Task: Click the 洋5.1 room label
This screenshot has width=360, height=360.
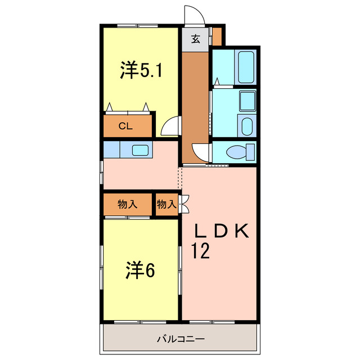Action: coord(141,71)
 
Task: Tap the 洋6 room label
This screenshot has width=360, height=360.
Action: coord(140,271)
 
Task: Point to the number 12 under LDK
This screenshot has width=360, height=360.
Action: coord(200,250)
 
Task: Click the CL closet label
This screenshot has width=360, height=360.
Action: coord(125,126)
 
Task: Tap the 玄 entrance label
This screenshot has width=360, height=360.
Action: coord(195,39)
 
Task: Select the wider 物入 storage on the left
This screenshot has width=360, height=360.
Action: coord(128,205)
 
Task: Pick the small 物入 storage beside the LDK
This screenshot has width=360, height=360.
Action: coord(166,205)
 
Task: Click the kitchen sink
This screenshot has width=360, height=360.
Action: coord(140,150)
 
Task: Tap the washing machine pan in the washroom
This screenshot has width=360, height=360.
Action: coord(246,101)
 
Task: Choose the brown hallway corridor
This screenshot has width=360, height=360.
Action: coord(195,107)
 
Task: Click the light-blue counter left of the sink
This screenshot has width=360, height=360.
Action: coord(112,150)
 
